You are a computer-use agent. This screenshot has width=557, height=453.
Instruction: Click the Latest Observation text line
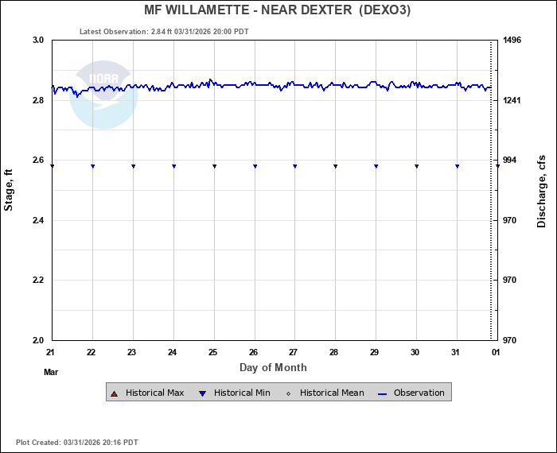coord(164,32)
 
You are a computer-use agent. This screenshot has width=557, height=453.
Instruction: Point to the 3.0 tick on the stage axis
coord(37,40)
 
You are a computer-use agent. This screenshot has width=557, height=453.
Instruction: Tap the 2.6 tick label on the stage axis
coord(37,161)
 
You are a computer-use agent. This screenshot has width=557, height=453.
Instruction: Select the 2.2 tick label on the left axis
coord(37,281)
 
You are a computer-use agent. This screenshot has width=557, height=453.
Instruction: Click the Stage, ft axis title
coord(10,190)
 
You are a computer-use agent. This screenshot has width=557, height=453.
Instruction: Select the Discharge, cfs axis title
coord(542,190)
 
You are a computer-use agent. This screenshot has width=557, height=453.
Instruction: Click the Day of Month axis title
coord(273,368)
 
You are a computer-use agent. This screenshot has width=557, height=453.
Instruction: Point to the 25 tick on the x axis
coord(213,351)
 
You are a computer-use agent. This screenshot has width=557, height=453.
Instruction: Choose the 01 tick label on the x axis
coord(496,351)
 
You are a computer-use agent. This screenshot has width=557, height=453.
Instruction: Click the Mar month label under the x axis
coord(52,371)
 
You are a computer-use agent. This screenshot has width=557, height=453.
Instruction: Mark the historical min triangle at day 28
coord(335,166)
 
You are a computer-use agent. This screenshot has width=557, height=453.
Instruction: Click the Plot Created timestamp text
coord(77,442)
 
